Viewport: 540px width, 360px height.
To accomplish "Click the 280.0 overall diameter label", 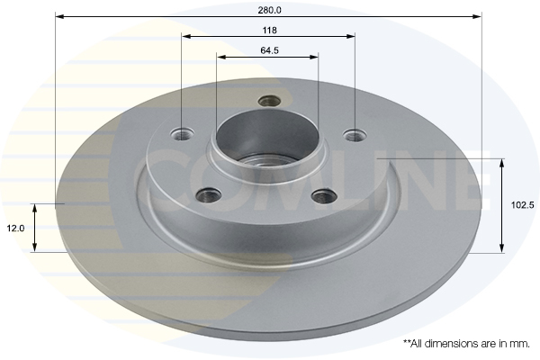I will click(269, 10).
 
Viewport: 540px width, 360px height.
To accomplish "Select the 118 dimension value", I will click(268, 30).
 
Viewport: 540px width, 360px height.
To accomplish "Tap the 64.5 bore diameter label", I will click(269, 50).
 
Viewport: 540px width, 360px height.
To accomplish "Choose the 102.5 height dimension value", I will click(522, 205).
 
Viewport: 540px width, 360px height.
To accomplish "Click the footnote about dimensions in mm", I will click(467, 343).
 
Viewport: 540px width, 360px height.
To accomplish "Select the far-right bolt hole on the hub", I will click(355, 136).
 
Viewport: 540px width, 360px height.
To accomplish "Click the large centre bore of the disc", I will click(267, 143).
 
